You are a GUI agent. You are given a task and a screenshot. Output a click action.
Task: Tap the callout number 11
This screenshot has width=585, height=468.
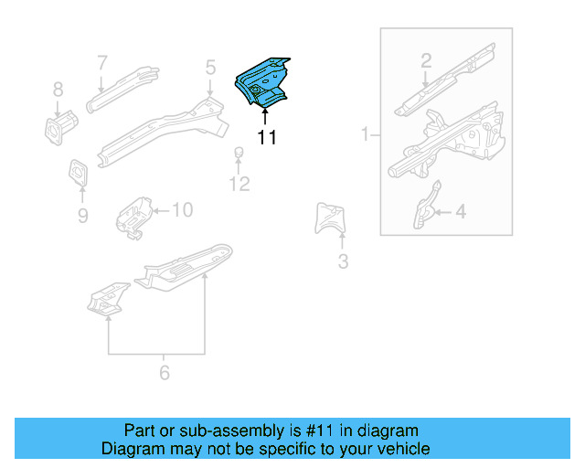tap(266, 138)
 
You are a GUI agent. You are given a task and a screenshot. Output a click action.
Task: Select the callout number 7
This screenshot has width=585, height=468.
tap(102, 62)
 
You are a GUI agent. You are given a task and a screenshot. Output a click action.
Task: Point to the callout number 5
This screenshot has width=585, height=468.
tap(210, 67)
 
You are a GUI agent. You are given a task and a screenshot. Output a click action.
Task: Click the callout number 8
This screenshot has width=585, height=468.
tap(58, 90)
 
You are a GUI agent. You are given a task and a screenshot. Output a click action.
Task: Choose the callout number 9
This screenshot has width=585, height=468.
tap(82, 216)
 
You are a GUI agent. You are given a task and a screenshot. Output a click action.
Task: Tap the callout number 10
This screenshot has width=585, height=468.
tap(182, 210)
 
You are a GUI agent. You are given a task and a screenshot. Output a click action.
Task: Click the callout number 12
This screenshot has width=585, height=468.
tap(239, 185)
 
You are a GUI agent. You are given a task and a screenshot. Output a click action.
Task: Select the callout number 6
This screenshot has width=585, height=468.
tap(165, 372)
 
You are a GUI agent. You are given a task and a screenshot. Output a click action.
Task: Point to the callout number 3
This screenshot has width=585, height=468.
tap(343, 262)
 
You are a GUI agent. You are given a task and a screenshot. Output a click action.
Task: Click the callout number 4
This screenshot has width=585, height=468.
tap(460, 212)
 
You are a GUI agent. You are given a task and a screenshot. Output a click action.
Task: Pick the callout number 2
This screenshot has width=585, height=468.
tap(426, 61)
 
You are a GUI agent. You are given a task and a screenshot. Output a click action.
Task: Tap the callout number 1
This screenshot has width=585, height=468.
tap(365, 135)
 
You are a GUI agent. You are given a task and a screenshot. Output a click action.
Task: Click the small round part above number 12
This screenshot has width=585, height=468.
tap(238, 152)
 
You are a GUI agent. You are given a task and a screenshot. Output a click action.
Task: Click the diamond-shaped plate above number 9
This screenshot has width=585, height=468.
tap(78, 173)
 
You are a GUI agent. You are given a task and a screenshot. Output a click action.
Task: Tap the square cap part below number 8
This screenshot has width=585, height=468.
tap(58, 126)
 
